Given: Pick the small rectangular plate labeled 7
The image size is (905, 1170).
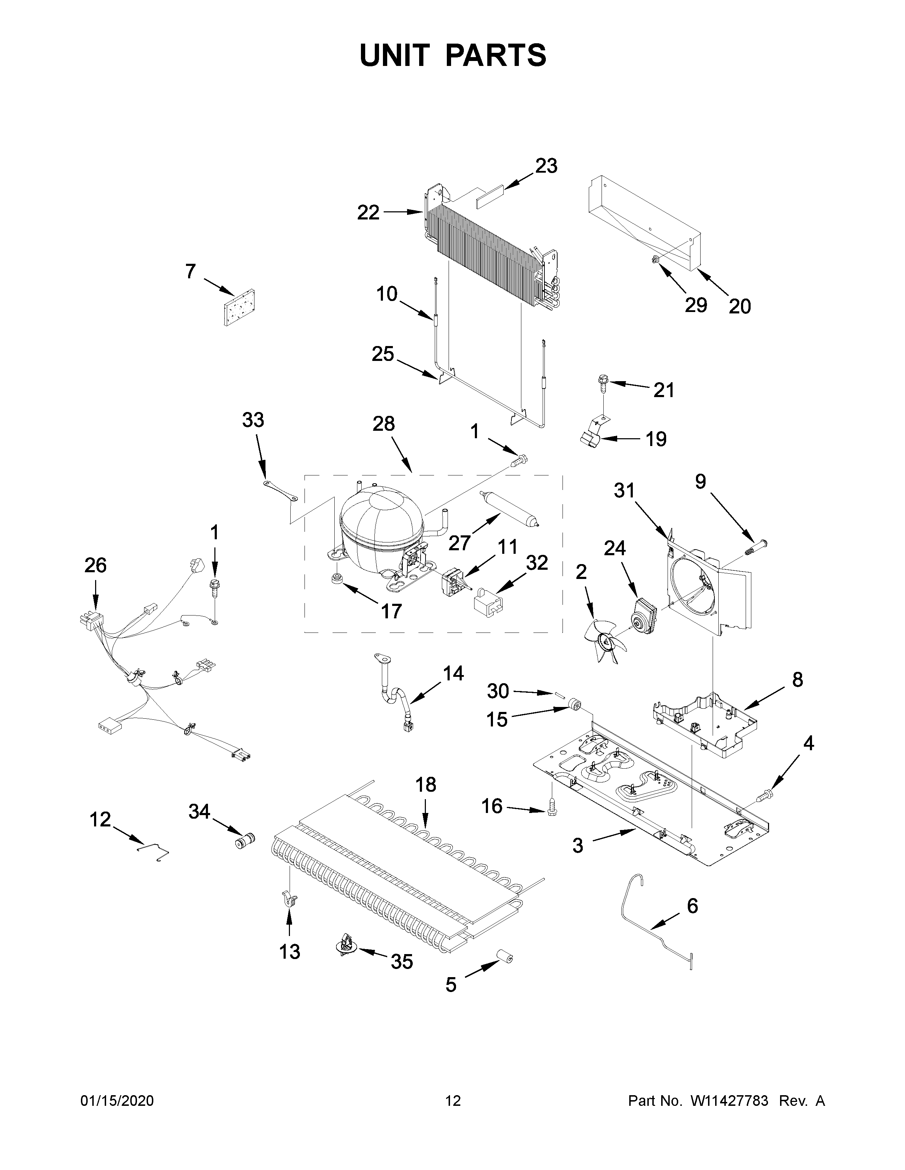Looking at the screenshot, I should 239,307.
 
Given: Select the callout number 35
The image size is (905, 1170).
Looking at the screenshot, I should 401,962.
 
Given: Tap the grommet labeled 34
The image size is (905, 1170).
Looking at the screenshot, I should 245,841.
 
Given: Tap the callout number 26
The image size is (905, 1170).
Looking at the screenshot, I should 95,565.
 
